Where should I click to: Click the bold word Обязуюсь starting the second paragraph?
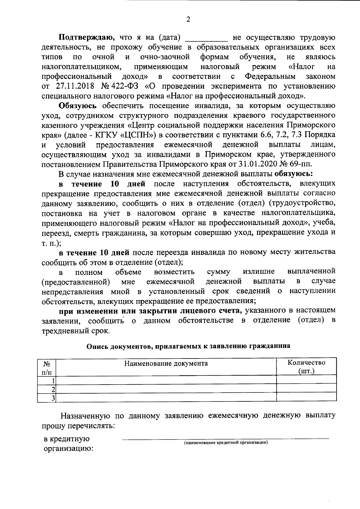[78, 106]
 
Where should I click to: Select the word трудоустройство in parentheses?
[302, 203]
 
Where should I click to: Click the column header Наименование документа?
[166, 363]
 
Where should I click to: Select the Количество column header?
[306, 362]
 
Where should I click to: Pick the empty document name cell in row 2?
[166, 389]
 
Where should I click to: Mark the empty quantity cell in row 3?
[306, 398]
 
